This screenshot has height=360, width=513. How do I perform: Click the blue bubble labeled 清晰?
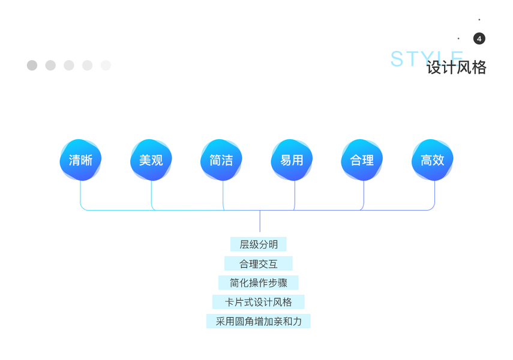(x=80, y=160)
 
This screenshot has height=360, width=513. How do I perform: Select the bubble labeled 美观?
(x=151, y=160)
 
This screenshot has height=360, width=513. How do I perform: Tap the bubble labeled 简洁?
(x=221, y=160)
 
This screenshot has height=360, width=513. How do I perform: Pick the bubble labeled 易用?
(x=292, y=160)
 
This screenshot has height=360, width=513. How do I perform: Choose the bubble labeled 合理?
(x=362, y=160)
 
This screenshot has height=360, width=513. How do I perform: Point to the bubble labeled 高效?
(x=432, y=160)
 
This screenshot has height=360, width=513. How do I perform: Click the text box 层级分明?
(x=259, y=244)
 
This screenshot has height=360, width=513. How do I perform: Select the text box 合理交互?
(x=259, y=263)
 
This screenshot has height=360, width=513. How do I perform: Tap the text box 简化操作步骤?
(x=259, y=283)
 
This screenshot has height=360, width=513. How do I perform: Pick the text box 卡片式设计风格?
(x=259, y=302)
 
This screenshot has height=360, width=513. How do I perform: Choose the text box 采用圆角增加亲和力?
(x=259, y=321)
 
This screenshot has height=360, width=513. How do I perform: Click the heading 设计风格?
(x=457, y=68)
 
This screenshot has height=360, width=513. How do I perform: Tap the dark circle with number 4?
(x=479, y=38)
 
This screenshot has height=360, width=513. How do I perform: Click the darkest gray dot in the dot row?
(x=32, y=65)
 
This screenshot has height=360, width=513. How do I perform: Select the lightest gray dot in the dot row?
(x=106, y=65)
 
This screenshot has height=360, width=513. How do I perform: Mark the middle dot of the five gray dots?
(x=69, y=65)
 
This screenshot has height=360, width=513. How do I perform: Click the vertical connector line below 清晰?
(x=80, y=193)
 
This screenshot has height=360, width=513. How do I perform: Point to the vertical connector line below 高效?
(x=434, y=193)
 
